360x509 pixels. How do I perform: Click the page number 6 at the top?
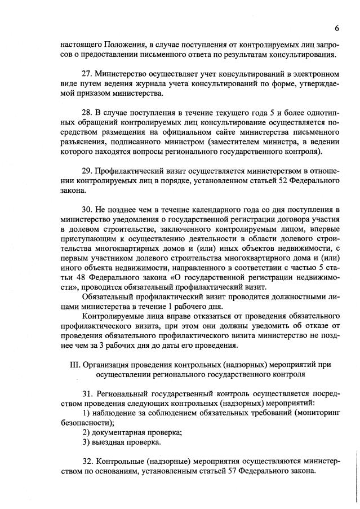(336, 28)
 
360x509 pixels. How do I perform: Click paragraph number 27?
(87, 74)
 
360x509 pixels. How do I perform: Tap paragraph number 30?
(87, 210)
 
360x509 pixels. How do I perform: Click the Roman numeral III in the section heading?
(75, 364)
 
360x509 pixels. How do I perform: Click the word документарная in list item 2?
(123, 432)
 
